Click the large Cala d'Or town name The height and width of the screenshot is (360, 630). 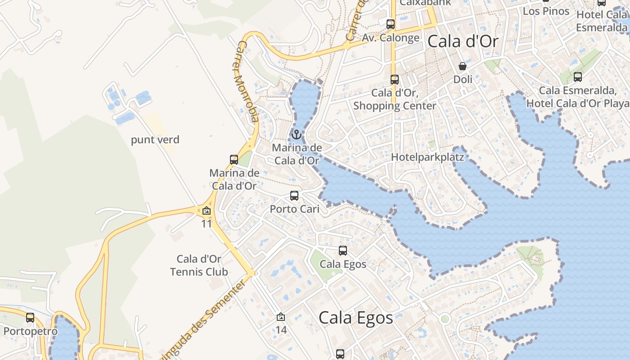pyautogui.click(x=463, y=42)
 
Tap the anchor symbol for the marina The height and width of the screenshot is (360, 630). pyautogui.click(x=297, y=135)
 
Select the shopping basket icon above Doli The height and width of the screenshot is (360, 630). pyautogui.click(x=463, y=67)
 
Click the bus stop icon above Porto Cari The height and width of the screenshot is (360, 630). pyautogui.click(x=294, y=196)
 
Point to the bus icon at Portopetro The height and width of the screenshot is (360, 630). pyautogui.click(x=30, y=318)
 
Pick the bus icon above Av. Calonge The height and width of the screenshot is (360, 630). pyautogui.click(x=391, y=24)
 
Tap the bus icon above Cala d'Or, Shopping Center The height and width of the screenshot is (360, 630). pyautogui.click(x=395, y=80)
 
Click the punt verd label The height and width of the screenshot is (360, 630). pyautogui.click(x=155, y=140)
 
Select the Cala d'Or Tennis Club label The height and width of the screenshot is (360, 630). pyautogui.click(x=199, y=265)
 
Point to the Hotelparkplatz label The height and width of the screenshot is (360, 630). pyautogui.click(x=427, y=157)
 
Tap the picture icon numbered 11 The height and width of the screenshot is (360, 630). pyautogui.click(x=207, y=211)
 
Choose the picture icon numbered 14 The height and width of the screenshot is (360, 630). pyautogui.click(x=281, y=317)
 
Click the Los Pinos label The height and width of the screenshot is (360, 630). pyautogui.click(x=546, y=11)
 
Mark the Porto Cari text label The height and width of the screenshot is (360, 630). pyautogui.click(x=294, y=209)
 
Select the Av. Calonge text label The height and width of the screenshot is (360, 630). pyautogui.click(x=391, y=38)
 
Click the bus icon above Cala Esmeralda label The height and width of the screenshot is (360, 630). pyautogui.click(x=578, y=77)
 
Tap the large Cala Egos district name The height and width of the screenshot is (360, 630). pyautogui.click(x=355, y=318)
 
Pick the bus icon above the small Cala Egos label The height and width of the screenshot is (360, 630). pyautogui.click(x=343, y=251)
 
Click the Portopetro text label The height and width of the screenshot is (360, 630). pyautogui.click(x=30, y=332)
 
